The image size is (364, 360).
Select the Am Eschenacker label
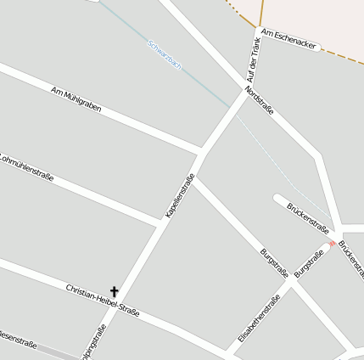click(290, 39)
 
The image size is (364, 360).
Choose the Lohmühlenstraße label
click(27, 166)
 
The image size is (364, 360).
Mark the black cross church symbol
click(115, 292)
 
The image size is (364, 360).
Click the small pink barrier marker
click(332, 243)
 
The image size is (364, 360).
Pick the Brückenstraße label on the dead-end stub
click(307, 217)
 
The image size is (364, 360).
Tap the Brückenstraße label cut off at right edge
click(351, 258)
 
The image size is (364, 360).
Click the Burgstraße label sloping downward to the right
click(275, 262)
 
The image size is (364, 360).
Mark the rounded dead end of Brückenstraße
click(277, 199)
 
